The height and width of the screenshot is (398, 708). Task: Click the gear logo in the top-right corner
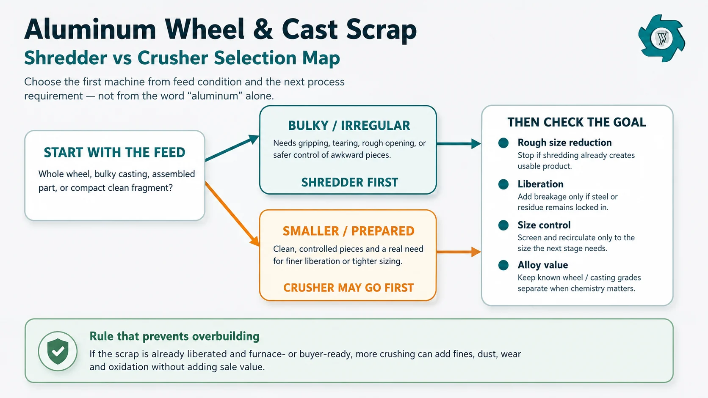(x=661, y=38)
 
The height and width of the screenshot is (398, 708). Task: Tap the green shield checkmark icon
(x=58, y=351)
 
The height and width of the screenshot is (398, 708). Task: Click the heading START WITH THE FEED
(x=114, y=152)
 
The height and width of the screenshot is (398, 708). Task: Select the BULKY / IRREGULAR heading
(x=349, y=126)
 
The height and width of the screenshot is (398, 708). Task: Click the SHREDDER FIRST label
(x=350, y=182)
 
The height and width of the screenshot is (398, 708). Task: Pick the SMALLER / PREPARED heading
(x=348, y=231)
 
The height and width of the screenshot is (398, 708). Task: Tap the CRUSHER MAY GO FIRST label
(x=348, y=288)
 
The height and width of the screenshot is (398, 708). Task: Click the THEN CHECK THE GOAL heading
(x=577, y=122)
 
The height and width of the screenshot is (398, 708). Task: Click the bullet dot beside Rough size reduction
(x=503, y=143)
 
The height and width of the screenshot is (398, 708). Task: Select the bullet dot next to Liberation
(x=503, y=184)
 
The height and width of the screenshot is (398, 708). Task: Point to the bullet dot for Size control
(x=503, y=225)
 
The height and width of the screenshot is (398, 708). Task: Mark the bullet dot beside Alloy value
(x=503, y=265)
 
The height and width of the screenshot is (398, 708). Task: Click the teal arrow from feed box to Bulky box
(x=232, y=148)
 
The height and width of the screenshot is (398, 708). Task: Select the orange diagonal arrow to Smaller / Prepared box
(x=232, y=214)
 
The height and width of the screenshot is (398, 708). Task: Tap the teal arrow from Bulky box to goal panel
(x=459, y=144)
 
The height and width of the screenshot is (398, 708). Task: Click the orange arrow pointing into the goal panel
(x=459, y=252)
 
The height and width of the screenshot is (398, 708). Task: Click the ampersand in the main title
(x=263, y=29)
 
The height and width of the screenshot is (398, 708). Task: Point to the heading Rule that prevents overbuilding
(x=174, y=336)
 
